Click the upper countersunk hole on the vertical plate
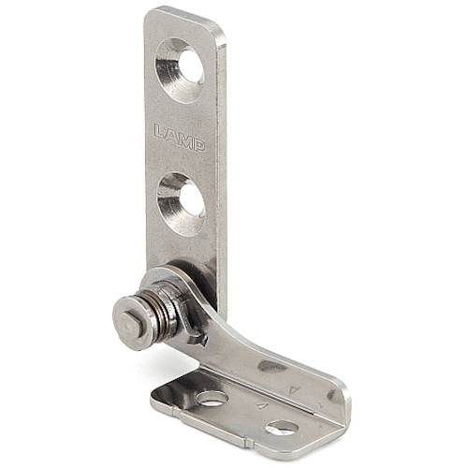tap(180, 70)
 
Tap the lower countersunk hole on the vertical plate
tap(182, 204)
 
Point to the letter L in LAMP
tap(161, 131)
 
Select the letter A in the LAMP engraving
tap(171, 136)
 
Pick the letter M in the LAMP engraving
tap(185, 140)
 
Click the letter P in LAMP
tap(198, 145)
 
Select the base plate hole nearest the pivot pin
tap(212, 398)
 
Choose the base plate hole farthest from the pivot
tap(282, 428)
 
